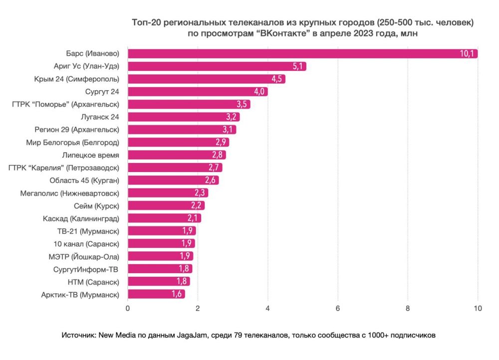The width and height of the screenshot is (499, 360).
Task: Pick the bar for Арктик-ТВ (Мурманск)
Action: (x=156, y=294)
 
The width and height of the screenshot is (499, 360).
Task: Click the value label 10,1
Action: (x=468, y=54)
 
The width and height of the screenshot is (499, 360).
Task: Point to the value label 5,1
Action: (x=298, y=66)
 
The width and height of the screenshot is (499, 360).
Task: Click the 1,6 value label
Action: (x=177, y=294)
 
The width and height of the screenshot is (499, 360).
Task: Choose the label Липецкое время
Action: (x=91, y=155)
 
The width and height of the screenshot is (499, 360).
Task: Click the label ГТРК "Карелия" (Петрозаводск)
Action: (x=64, y=168)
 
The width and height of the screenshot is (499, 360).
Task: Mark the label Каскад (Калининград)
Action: (x=81, y=218)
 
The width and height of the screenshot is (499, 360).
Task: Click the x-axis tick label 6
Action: (x=338, y=308)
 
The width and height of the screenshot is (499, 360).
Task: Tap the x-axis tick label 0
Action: (x=128, y=308)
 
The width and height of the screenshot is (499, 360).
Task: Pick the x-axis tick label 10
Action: (x=478, y=308)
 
